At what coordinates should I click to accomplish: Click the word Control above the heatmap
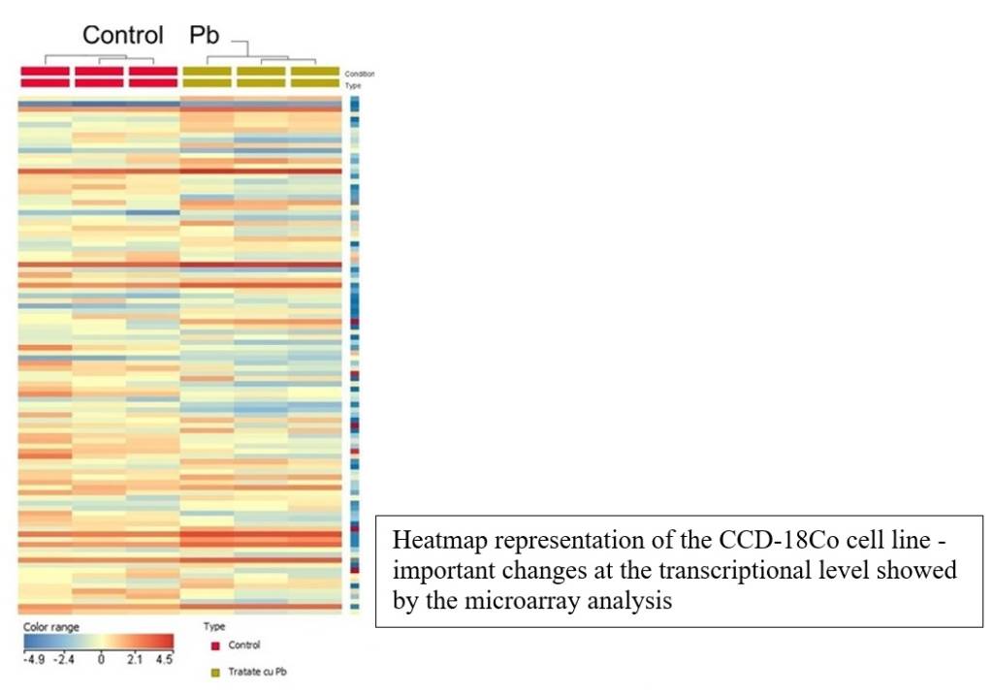[122, 35]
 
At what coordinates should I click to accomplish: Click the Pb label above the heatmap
[204, 35]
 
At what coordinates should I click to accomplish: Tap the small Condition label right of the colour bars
[359, 74]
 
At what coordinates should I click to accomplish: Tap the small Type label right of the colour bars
[353, 85]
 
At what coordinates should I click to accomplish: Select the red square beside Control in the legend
[215, 645]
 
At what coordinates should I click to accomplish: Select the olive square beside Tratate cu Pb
[215, 672]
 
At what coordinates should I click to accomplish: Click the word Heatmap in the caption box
[432, 540]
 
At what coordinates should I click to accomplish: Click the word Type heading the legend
[214, 627]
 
